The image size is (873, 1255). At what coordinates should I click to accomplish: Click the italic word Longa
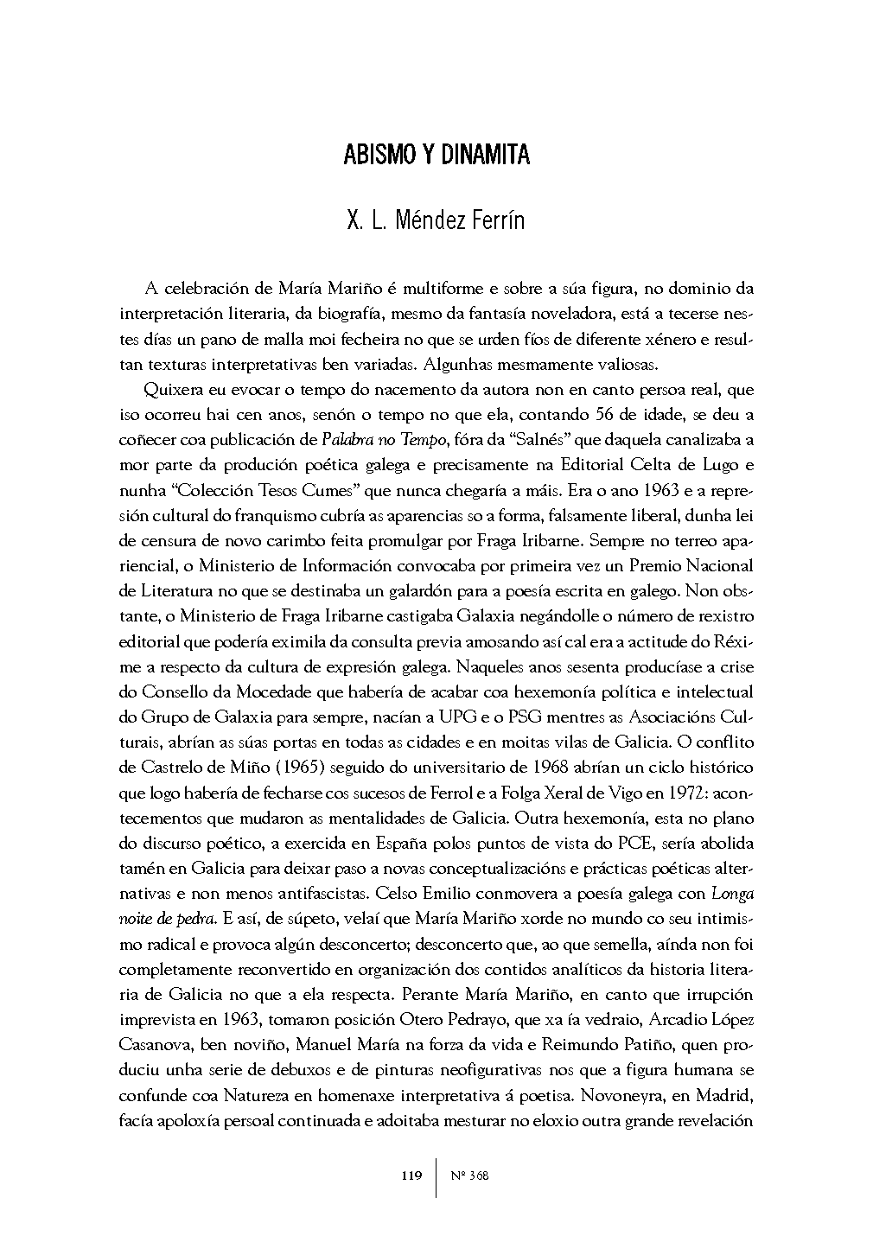click(730, 893)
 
